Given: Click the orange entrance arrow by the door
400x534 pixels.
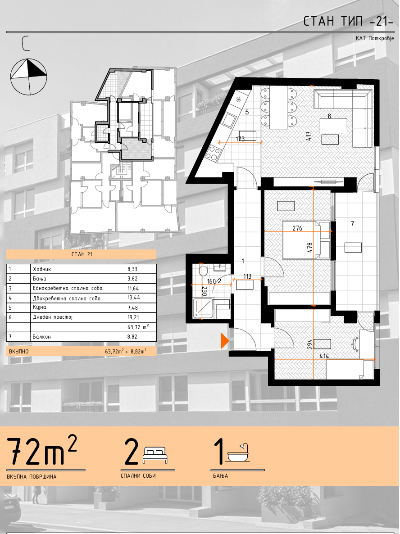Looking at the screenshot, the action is [x=224, y=340].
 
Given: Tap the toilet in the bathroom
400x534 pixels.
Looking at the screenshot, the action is [x=204, y=271].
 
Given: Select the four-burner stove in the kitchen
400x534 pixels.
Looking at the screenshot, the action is [x=214, y=153].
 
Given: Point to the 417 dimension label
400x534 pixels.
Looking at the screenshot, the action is [x=309, y=137].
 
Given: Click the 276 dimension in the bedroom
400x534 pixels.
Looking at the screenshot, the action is [x=297, y=228].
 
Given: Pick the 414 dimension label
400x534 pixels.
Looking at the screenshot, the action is [x=324, y=356].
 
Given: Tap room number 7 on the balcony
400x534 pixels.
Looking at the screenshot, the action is [x=352, y=224].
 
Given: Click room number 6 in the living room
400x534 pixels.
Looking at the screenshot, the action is [x=329, y=116].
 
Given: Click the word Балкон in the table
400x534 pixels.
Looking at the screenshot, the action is [x=41, y=336].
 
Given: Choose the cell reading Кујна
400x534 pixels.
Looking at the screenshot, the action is [x=40, y=308].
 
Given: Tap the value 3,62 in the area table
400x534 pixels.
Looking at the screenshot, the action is [x=132, y=279].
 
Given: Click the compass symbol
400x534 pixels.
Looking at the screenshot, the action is [x=29, y=76].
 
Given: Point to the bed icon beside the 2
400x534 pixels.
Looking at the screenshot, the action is [x=155, y=455].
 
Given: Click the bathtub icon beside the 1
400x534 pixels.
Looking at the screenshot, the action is [x=238, y=452].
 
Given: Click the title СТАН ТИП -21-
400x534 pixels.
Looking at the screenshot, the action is [x=348, y=22].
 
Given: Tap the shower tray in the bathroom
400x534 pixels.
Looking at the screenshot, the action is [x=204, y=308].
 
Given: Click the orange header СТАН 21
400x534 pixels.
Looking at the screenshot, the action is [x=82, y=254].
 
